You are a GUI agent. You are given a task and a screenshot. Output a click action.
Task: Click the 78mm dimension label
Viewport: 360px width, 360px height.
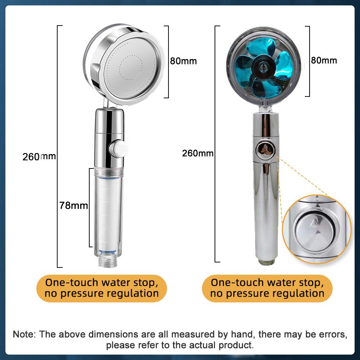74,206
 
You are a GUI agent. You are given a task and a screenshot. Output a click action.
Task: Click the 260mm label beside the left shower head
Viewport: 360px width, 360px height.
39,157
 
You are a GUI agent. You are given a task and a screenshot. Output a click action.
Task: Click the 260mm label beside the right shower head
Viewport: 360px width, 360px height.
198,153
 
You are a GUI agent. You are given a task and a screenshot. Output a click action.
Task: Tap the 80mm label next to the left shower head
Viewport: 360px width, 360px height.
184,61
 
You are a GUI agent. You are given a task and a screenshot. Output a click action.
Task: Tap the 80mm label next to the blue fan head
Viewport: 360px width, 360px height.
324,60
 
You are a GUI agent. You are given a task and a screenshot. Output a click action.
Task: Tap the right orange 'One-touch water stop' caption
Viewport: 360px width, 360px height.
267,288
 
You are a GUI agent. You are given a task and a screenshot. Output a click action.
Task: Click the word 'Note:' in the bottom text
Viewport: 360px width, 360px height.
24,334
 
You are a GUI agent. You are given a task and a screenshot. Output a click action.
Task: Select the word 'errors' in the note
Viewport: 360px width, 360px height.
333,334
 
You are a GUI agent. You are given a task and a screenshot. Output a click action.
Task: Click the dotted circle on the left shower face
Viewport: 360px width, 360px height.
131,67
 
